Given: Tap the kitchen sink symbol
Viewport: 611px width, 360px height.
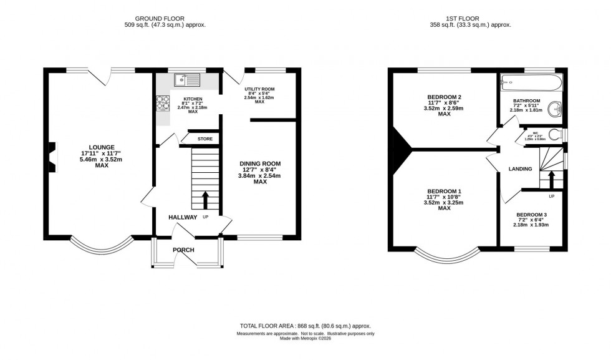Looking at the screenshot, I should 186,79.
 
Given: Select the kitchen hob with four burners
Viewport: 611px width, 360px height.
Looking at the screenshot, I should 163,103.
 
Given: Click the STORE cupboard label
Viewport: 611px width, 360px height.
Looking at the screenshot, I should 204,139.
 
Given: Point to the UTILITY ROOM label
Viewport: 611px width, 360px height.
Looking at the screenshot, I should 259,90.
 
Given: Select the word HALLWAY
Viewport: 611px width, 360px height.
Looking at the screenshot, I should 183,217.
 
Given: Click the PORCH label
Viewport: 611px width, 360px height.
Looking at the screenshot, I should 184,250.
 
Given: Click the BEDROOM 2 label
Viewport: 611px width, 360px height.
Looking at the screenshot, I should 444,97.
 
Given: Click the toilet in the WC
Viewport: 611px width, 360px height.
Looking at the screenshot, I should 560,135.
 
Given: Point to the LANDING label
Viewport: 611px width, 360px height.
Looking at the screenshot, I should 520,168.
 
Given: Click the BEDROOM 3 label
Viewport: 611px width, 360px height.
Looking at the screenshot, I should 531,215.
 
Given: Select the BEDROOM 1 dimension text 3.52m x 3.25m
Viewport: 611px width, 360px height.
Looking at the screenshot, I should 444,203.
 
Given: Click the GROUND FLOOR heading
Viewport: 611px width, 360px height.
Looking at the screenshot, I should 165,18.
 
